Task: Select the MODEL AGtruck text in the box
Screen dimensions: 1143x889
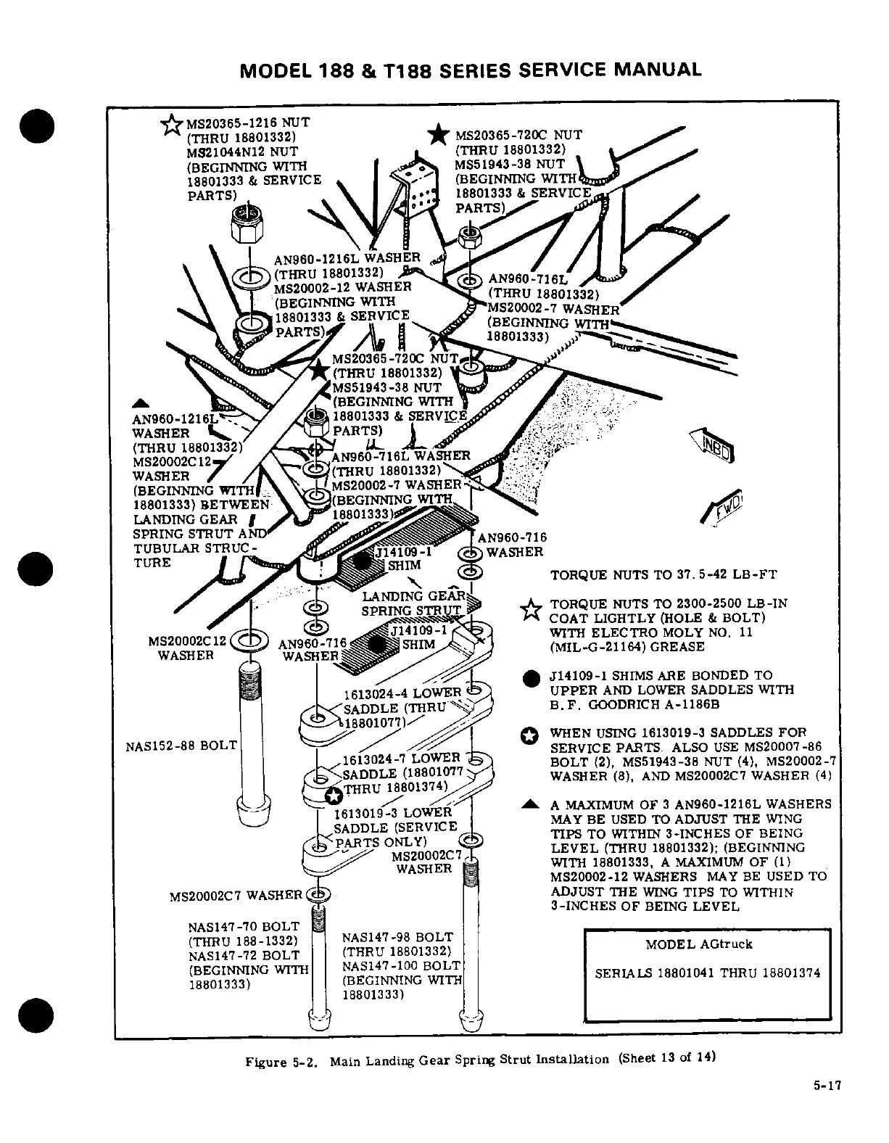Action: coord(698,944)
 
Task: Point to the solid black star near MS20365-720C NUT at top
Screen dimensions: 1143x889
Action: coord(437,136)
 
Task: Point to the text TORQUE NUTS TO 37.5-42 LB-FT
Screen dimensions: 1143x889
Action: coord(663,575)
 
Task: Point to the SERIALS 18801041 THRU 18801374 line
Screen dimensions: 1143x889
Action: coord(708,973)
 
